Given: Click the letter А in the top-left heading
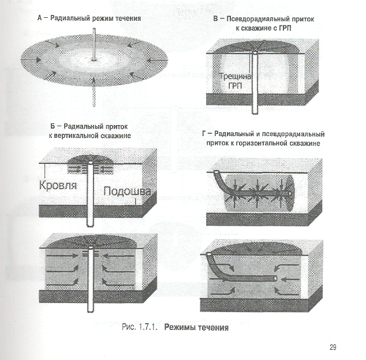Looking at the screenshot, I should coord(40,18).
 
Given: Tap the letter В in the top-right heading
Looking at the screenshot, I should coord(215,18).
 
